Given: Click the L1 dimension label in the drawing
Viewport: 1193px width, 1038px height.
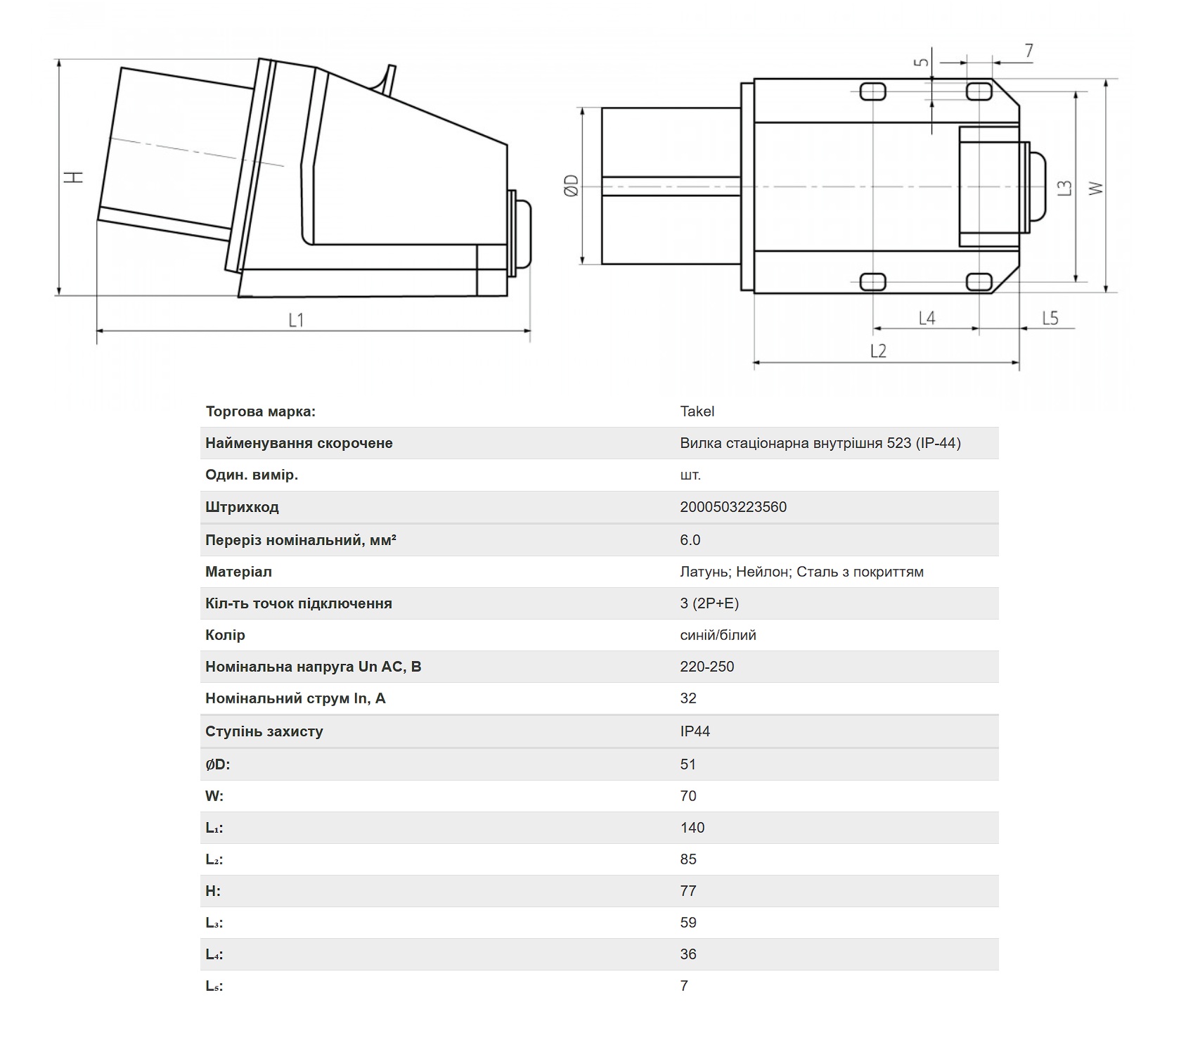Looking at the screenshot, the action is [296, 320].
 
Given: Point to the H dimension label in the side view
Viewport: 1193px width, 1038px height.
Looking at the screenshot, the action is [74, 177].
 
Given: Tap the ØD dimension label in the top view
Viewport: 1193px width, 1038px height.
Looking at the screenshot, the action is [572, 186].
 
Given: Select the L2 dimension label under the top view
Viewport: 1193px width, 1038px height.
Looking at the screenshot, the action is [878, 350].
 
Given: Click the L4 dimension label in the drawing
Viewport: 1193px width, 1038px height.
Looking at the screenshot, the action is [927, 318].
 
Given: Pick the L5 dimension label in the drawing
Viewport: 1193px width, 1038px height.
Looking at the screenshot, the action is [1050, 318].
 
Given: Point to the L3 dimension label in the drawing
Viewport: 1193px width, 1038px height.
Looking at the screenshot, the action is [1066, 188].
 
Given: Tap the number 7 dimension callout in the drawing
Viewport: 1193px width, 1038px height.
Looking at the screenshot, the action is [1029, 51].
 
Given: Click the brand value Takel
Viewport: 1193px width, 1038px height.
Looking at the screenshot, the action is [697, 411].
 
